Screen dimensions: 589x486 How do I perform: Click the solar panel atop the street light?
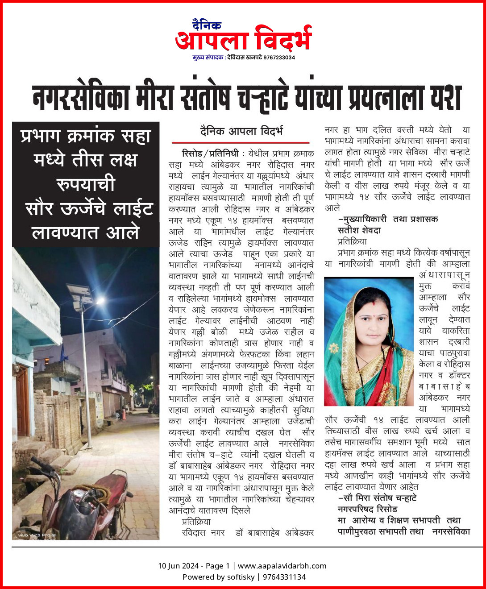[80, 294]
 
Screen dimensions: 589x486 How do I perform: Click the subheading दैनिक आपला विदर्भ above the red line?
[241, 131]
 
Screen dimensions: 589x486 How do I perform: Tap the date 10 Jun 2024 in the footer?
[178, 566]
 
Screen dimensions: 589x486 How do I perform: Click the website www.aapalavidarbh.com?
[282, 566]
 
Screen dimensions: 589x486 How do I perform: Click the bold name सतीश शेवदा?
[359, 230]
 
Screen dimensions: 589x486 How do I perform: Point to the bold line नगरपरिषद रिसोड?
[367, 509]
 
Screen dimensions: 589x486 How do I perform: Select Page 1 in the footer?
[217, 566]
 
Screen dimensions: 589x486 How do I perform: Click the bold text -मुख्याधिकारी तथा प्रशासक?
[388, 219]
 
